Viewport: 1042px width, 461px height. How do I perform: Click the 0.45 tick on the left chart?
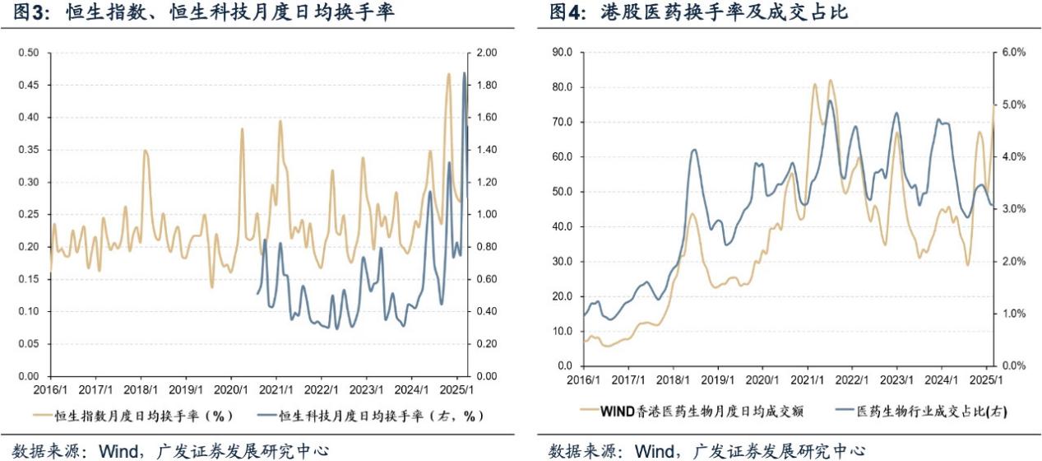point(28,85)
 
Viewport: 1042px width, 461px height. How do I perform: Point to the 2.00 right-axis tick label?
point(486,53)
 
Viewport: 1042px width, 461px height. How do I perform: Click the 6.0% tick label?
point(1014,52)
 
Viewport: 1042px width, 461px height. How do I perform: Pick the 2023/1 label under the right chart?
point(897,380)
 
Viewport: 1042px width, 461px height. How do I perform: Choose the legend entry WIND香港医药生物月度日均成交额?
point(696,409)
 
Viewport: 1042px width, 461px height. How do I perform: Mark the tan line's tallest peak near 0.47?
point(449,74)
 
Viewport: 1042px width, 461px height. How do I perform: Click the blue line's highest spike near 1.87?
point(465,73)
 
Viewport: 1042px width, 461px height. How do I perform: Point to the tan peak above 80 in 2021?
point(830,81)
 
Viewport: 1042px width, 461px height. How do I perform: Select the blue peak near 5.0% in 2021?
point(831,101)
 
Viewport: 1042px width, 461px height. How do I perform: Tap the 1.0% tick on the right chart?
point(1014,314)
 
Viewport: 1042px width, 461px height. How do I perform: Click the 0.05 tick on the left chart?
point(28,343)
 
